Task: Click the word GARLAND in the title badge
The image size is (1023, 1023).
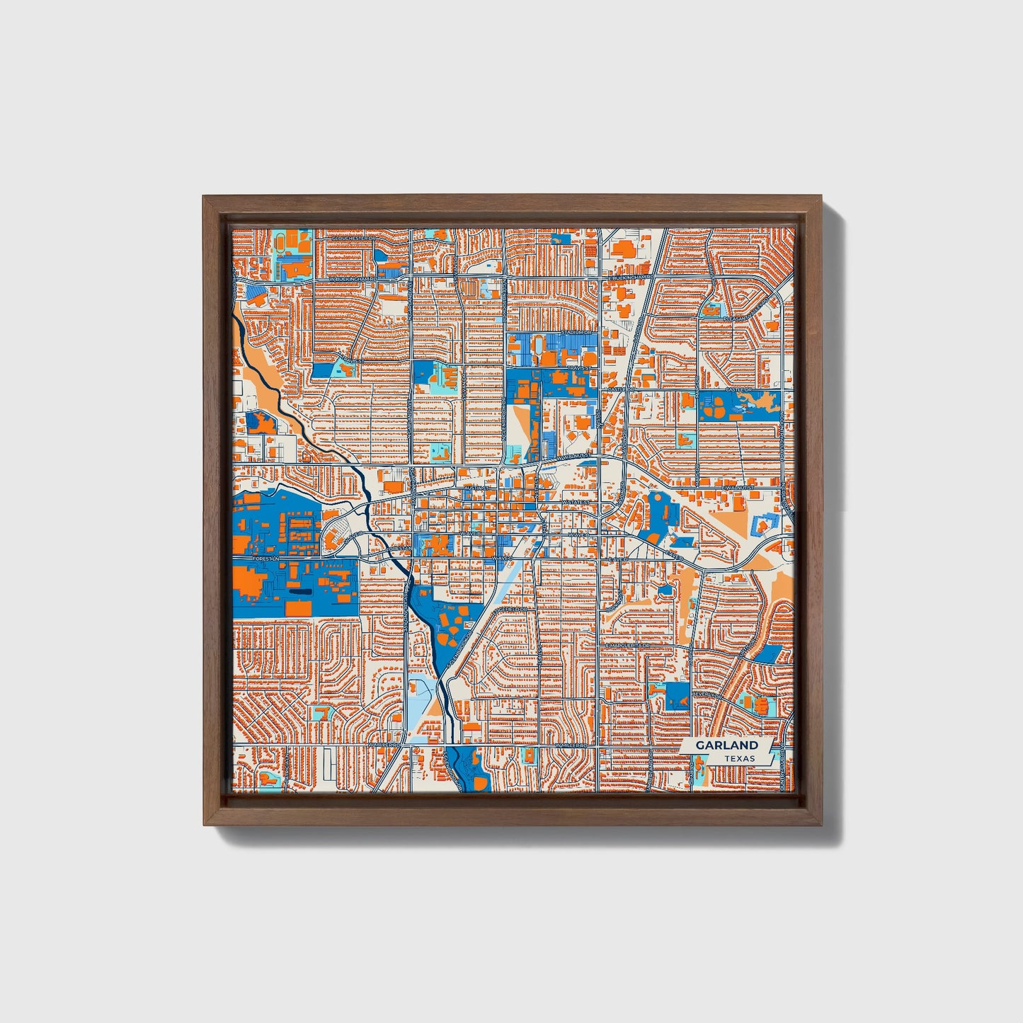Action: tap(726, 745)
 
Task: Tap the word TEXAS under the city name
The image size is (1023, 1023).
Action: tap(739, 758)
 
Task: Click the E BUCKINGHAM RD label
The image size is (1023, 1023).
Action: tap(629, 278)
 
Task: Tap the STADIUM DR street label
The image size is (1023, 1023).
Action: tap(576, 331)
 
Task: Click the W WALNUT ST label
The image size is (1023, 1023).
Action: tap(573, 458)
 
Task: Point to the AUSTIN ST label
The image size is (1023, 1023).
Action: tap(476, 488)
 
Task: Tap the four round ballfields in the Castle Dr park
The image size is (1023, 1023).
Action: tap(718, 406)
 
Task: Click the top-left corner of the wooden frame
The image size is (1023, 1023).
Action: tap(204, 197)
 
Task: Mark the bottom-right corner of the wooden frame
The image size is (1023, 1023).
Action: tap(823, 825)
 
